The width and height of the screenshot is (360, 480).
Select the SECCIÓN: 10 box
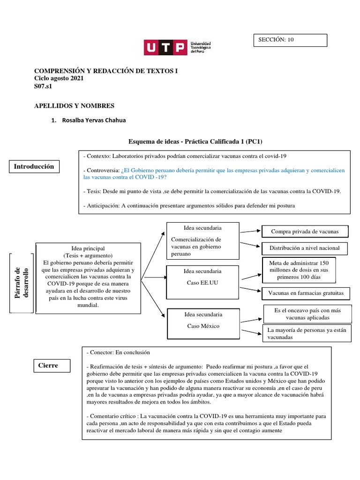point(290,40)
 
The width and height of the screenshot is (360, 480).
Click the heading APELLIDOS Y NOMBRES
point(74,106)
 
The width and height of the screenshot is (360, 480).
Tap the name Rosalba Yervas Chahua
point(94,120)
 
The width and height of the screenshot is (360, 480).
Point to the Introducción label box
point(34,166)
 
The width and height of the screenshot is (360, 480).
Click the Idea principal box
point(88,277)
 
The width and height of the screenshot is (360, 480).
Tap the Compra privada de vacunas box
point(305,232)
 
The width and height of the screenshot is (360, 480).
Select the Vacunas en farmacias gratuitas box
point(306,293)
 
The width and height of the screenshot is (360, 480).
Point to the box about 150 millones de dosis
point(302,270)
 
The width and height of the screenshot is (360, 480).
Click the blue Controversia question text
point(213,174)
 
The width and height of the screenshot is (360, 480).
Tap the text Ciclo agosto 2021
point(59,79)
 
